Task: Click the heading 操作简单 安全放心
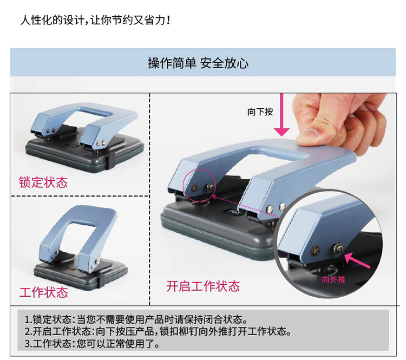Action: (198, 63)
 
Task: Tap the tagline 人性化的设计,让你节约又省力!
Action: (95, 20)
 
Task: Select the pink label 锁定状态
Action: (43, 182)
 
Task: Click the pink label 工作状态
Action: (43, 292)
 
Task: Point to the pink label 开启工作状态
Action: (203, 286)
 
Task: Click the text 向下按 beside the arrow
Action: (260, 112)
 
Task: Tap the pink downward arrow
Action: (281, 115)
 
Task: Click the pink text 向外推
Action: (333, 279)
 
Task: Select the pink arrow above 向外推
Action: (357, 260)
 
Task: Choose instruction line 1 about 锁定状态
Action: (136, 319)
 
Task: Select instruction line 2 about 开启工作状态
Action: (158, 331)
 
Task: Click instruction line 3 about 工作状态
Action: (92, 343)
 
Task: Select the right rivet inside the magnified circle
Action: (338, 247)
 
